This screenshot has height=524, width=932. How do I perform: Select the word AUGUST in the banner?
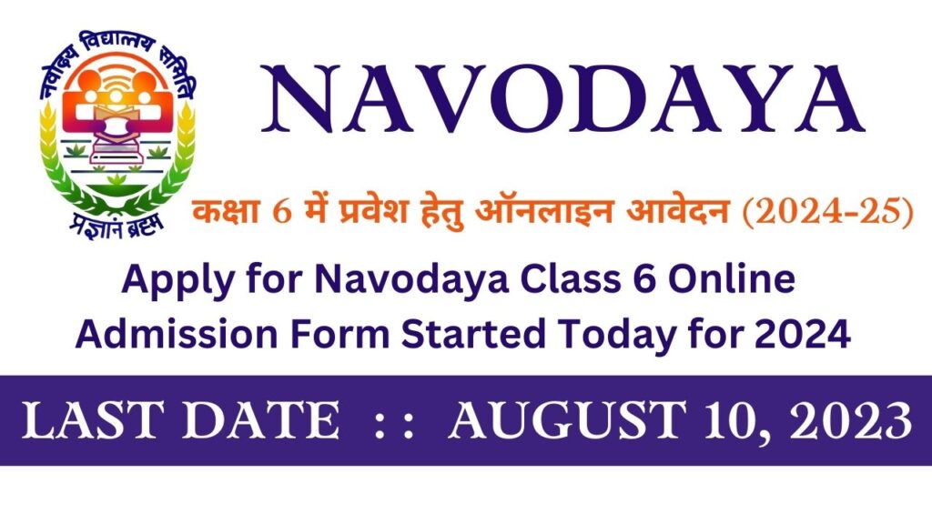565,421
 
